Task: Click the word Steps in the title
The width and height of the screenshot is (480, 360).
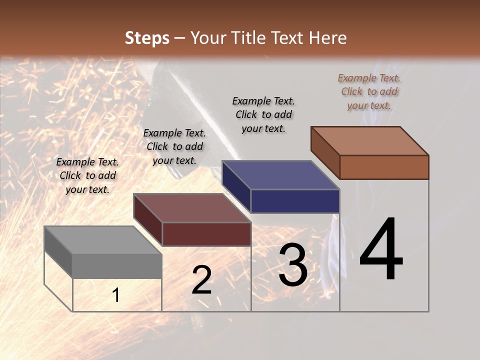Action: pos(147,38)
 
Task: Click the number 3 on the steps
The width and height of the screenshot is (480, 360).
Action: pos(292,265)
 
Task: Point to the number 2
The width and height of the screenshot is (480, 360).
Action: pos(201,280)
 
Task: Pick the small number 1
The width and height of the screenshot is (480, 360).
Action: pos(115,295)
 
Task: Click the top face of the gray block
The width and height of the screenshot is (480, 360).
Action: pos(103,240)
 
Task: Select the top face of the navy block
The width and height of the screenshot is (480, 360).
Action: pos(281,175)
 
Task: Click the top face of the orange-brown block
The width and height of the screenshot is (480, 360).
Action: pos(370,141)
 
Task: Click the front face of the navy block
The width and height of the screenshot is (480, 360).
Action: pos(295,201)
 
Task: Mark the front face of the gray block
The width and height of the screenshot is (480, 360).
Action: pos(117,266)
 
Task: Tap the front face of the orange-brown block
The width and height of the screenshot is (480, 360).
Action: pos(384,167)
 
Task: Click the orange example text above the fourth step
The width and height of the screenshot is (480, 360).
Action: pos(369,91)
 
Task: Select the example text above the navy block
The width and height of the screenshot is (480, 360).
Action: pos(263,114)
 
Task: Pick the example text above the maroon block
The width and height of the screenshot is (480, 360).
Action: pos(174,146)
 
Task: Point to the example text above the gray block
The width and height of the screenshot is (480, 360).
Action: pos(87,175)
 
